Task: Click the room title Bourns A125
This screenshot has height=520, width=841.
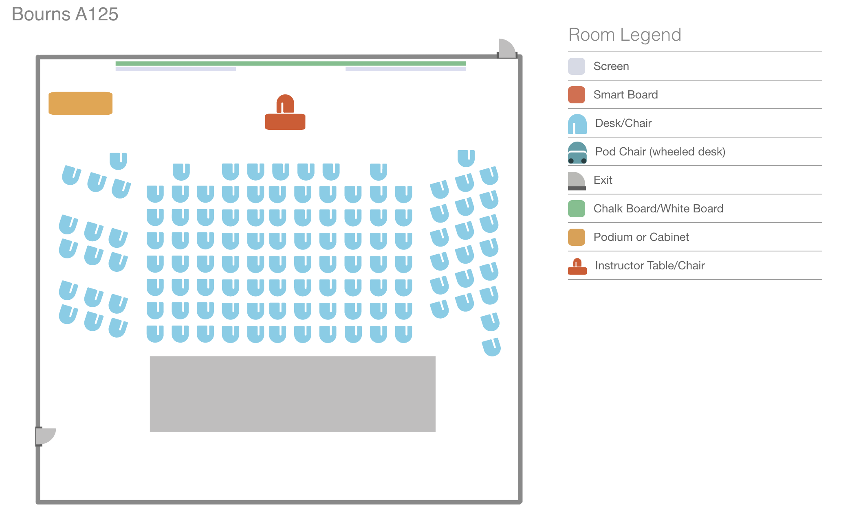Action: click(65, 14)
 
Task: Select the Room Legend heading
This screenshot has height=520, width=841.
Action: click(625, 35)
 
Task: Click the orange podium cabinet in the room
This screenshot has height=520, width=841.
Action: click(81, 103)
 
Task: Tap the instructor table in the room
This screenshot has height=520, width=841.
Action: click(285, 122)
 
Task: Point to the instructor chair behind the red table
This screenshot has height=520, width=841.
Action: click(285, 104)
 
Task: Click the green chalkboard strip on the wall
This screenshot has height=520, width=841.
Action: click(291, 63)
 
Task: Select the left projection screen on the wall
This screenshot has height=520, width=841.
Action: click(176, 69)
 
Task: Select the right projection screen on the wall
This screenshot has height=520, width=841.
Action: click(406, 69)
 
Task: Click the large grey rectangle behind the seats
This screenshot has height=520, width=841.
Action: click(293, 394)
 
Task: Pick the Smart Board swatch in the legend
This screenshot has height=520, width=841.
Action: click(577, 95)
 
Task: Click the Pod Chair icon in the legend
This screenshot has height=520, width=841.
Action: click(577, 153)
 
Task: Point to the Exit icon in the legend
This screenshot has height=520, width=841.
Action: click(577, 181)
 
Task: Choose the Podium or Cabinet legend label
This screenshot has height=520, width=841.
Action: click(641, 237)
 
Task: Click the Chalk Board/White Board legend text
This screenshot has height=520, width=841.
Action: click(658, 209)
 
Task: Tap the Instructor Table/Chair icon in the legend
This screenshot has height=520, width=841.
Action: click(577, 267)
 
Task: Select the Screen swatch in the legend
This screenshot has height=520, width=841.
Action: click(577, 66)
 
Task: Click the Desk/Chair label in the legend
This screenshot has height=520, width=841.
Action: click(623, 123)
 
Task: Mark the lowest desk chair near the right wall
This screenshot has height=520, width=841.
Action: click(491, 347)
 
